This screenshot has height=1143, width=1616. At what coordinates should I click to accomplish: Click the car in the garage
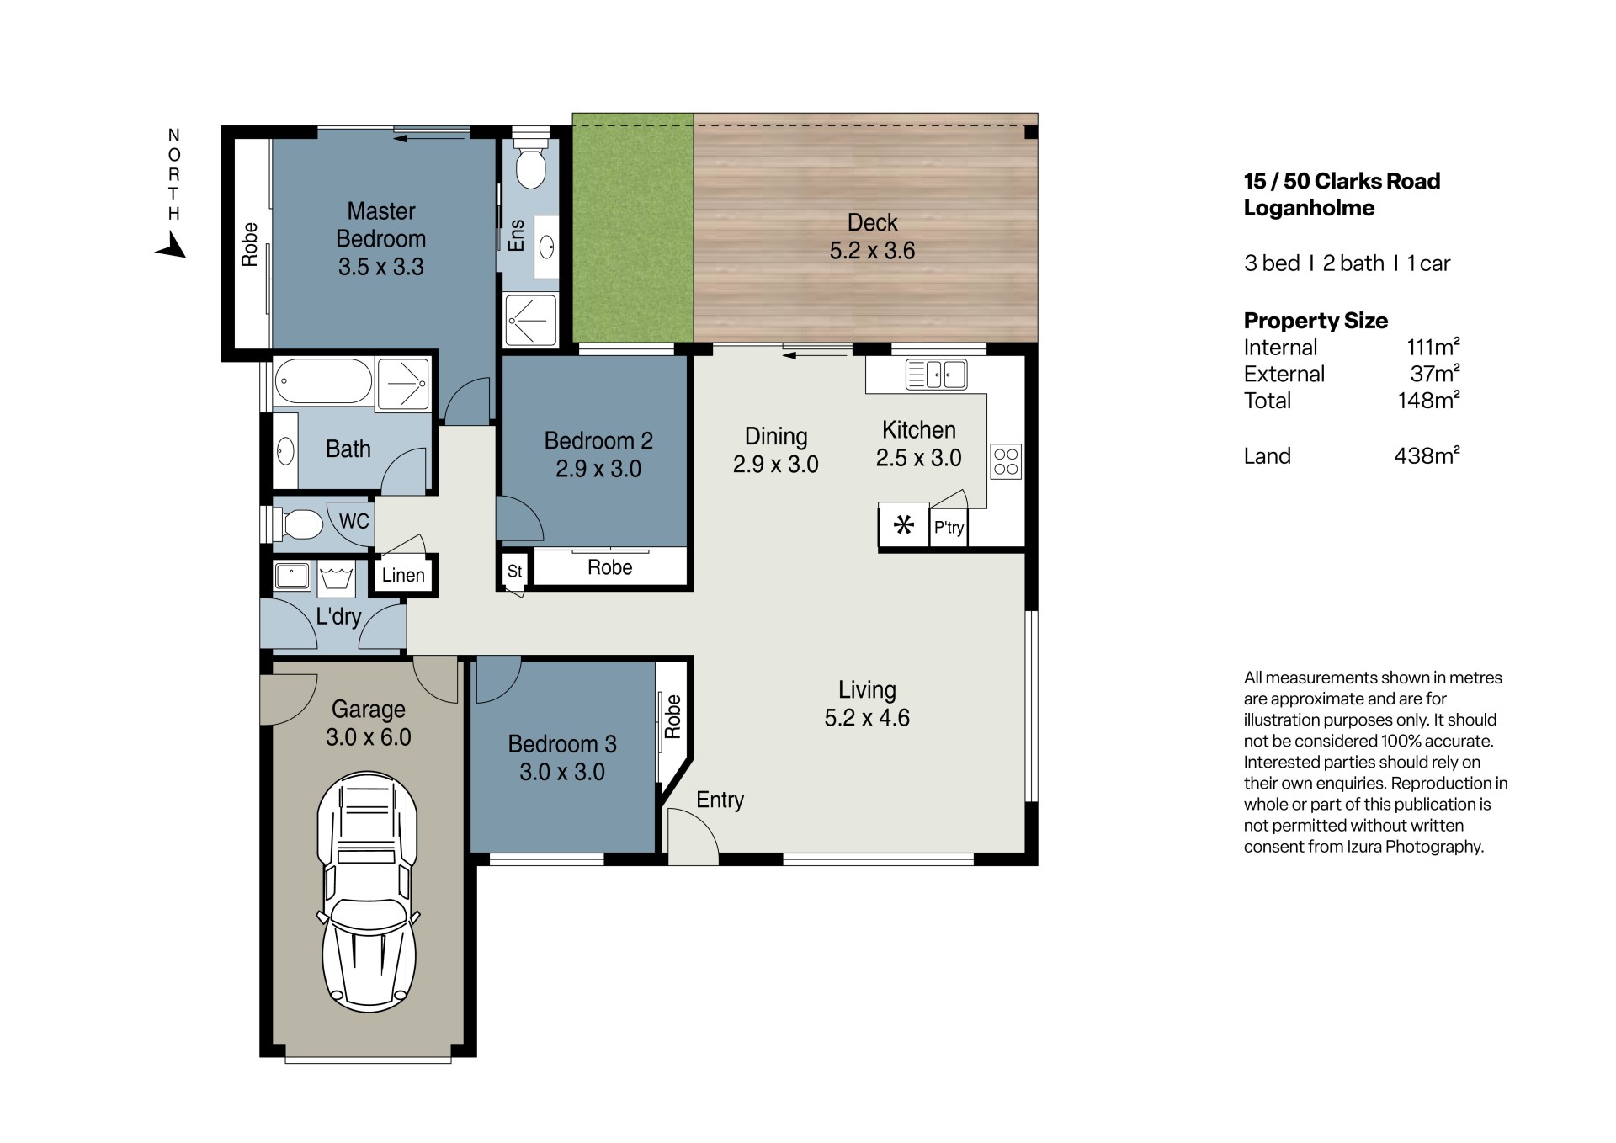[x=368, y=891]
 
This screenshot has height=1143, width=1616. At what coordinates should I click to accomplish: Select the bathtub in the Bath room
[x=324, y=382]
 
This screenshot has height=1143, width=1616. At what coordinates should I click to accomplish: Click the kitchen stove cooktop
[x=1006, y=461]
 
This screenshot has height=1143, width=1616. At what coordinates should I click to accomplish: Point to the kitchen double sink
[x=936, y=375]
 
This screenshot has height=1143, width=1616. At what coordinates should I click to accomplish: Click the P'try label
[x=949, y=528]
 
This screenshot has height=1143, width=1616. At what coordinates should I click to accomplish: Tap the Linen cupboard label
[x=403, y=575]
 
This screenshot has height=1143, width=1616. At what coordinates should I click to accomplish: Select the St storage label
[x=514, y=571]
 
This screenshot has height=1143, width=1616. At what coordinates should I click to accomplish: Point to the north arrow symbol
[x=171, y=246]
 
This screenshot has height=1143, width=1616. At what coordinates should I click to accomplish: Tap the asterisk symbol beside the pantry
[x=904, y=526]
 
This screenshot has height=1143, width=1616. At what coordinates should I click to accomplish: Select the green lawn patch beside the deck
[x=633, y=228]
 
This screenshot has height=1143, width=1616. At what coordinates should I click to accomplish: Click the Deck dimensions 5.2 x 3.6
[x=872, y=251]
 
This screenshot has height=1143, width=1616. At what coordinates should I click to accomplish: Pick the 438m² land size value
[x=1427, y=455]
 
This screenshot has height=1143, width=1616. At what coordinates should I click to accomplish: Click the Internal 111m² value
[x=1433, y=347]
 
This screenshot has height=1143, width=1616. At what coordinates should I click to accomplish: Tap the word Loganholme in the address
[x=1309, y=208]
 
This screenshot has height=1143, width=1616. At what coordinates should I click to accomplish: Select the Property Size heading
[x=1316, y=321]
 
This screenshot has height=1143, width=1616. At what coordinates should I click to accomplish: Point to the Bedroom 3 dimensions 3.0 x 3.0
[x=562, y=772]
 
